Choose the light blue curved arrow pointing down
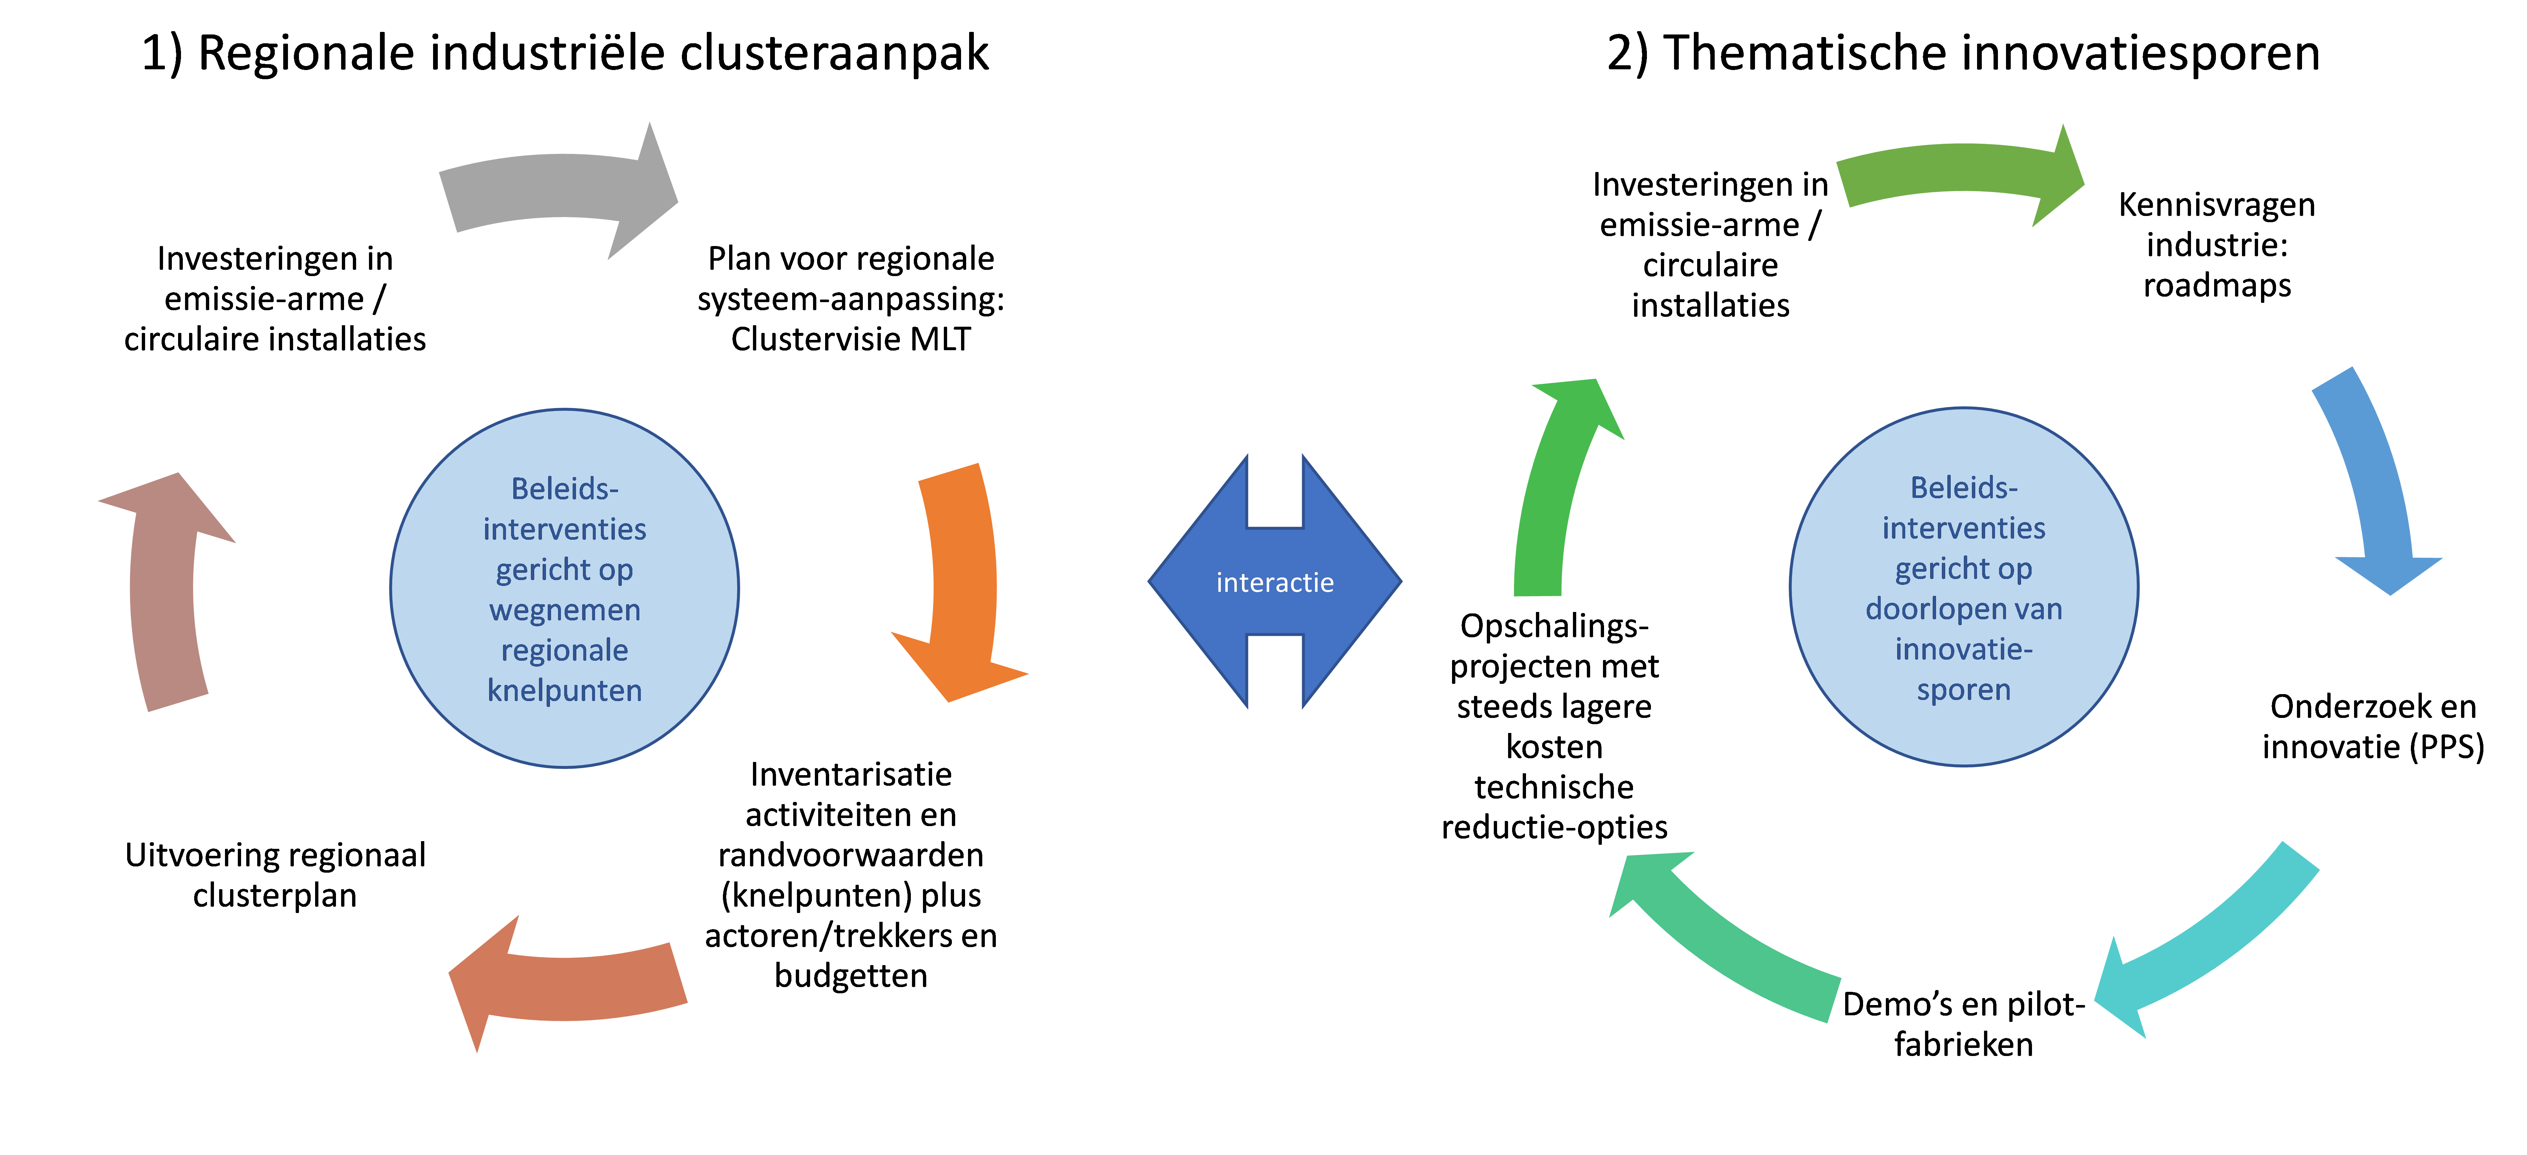tap(2374, 481)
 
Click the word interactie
tap(1274, 583)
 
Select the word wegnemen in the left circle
tap(565, 610)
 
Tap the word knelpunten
tap(565, 691)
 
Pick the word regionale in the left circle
tap(565, 650)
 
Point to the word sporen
tap(1964, 690)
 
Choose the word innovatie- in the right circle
tap(1964, 650)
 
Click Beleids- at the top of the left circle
tap(565, 489)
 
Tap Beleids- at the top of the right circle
tap(1964, 488)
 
